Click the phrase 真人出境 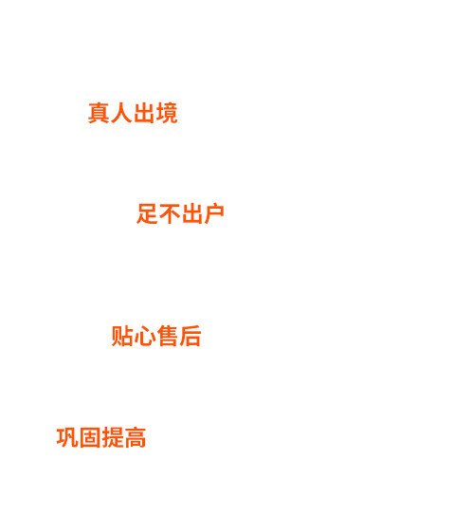(133, 113)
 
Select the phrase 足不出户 (180, 213)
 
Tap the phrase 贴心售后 (156, 336)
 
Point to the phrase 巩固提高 (101, 437)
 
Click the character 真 (99, 113)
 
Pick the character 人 (121, 113)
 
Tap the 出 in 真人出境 (144, 113)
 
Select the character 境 (167, 113)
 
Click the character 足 (147, 213)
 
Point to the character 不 (170, 213)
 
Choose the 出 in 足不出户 (191, 213)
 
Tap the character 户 (214, 213)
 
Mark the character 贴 (122, 336)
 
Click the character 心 (145, 337)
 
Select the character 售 (168, 336)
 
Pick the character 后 (191, 336)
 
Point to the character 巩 (67, 437)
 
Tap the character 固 (90, 437)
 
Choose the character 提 (112, 437)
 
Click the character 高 (135, 437)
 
